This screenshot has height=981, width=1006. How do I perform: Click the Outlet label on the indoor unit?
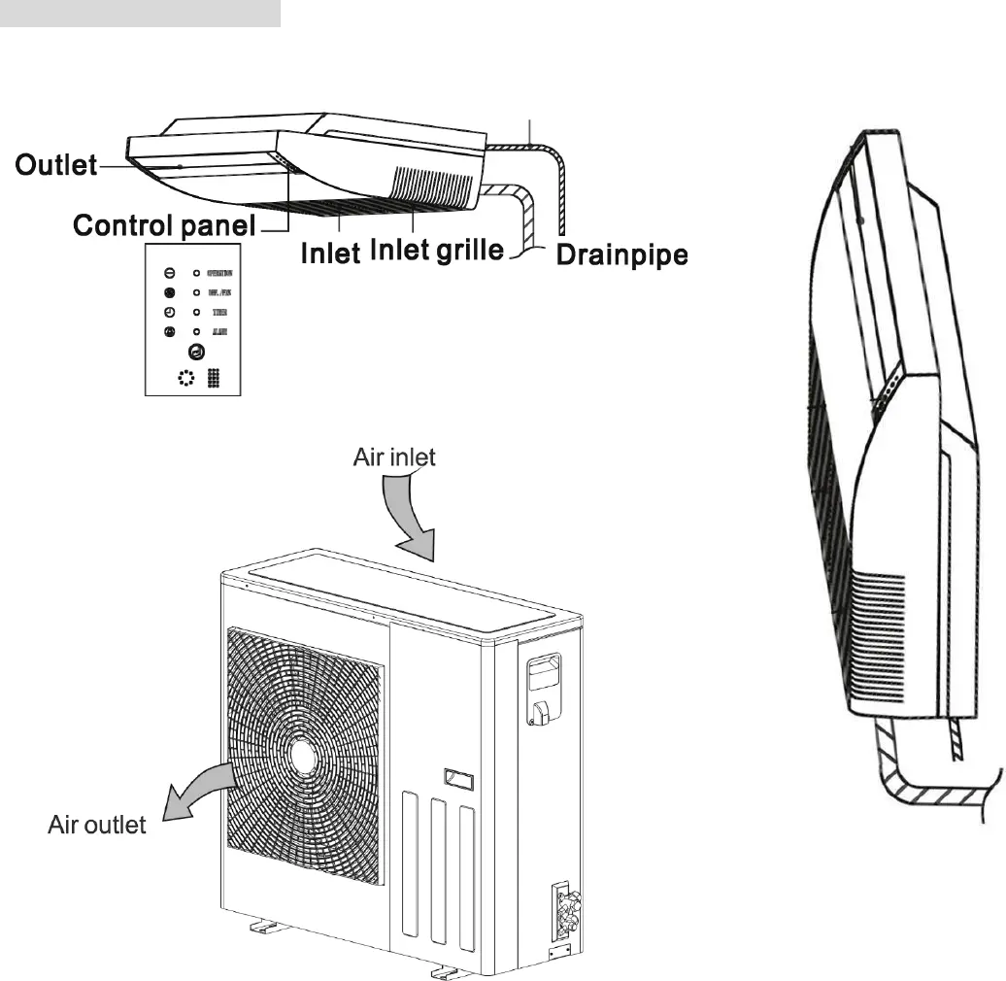pos(56,165)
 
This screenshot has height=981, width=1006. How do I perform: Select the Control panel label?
pos(164,226)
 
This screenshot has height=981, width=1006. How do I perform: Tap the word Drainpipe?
pos(621,255)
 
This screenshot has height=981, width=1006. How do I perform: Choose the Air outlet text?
pos(97,826)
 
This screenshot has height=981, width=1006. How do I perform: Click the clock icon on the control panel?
pos(169,312)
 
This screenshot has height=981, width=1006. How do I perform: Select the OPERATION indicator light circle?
pos(196,273)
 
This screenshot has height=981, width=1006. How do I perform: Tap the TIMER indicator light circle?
pos(196,312)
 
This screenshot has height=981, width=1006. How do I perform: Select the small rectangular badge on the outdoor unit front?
pos(457,778)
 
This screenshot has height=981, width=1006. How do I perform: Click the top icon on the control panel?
pos(169,273)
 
